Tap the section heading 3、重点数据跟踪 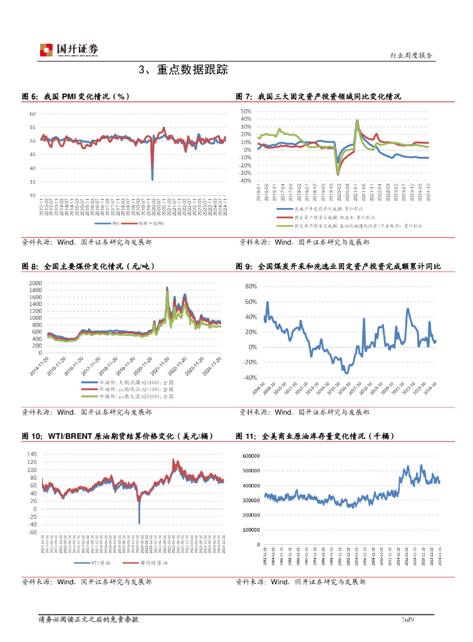click(x=183, y=69)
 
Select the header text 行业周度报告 click(x=411, y=56)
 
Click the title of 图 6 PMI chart click(x=76, y=97)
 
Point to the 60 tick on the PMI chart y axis click(x=33, y=114)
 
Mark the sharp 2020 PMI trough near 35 click(x=152, y=179)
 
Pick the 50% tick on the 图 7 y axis click(x=246, y=112)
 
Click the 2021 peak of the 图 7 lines click(x=357, y=121)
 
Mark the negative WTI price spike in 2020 click(x=139, y=523)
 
